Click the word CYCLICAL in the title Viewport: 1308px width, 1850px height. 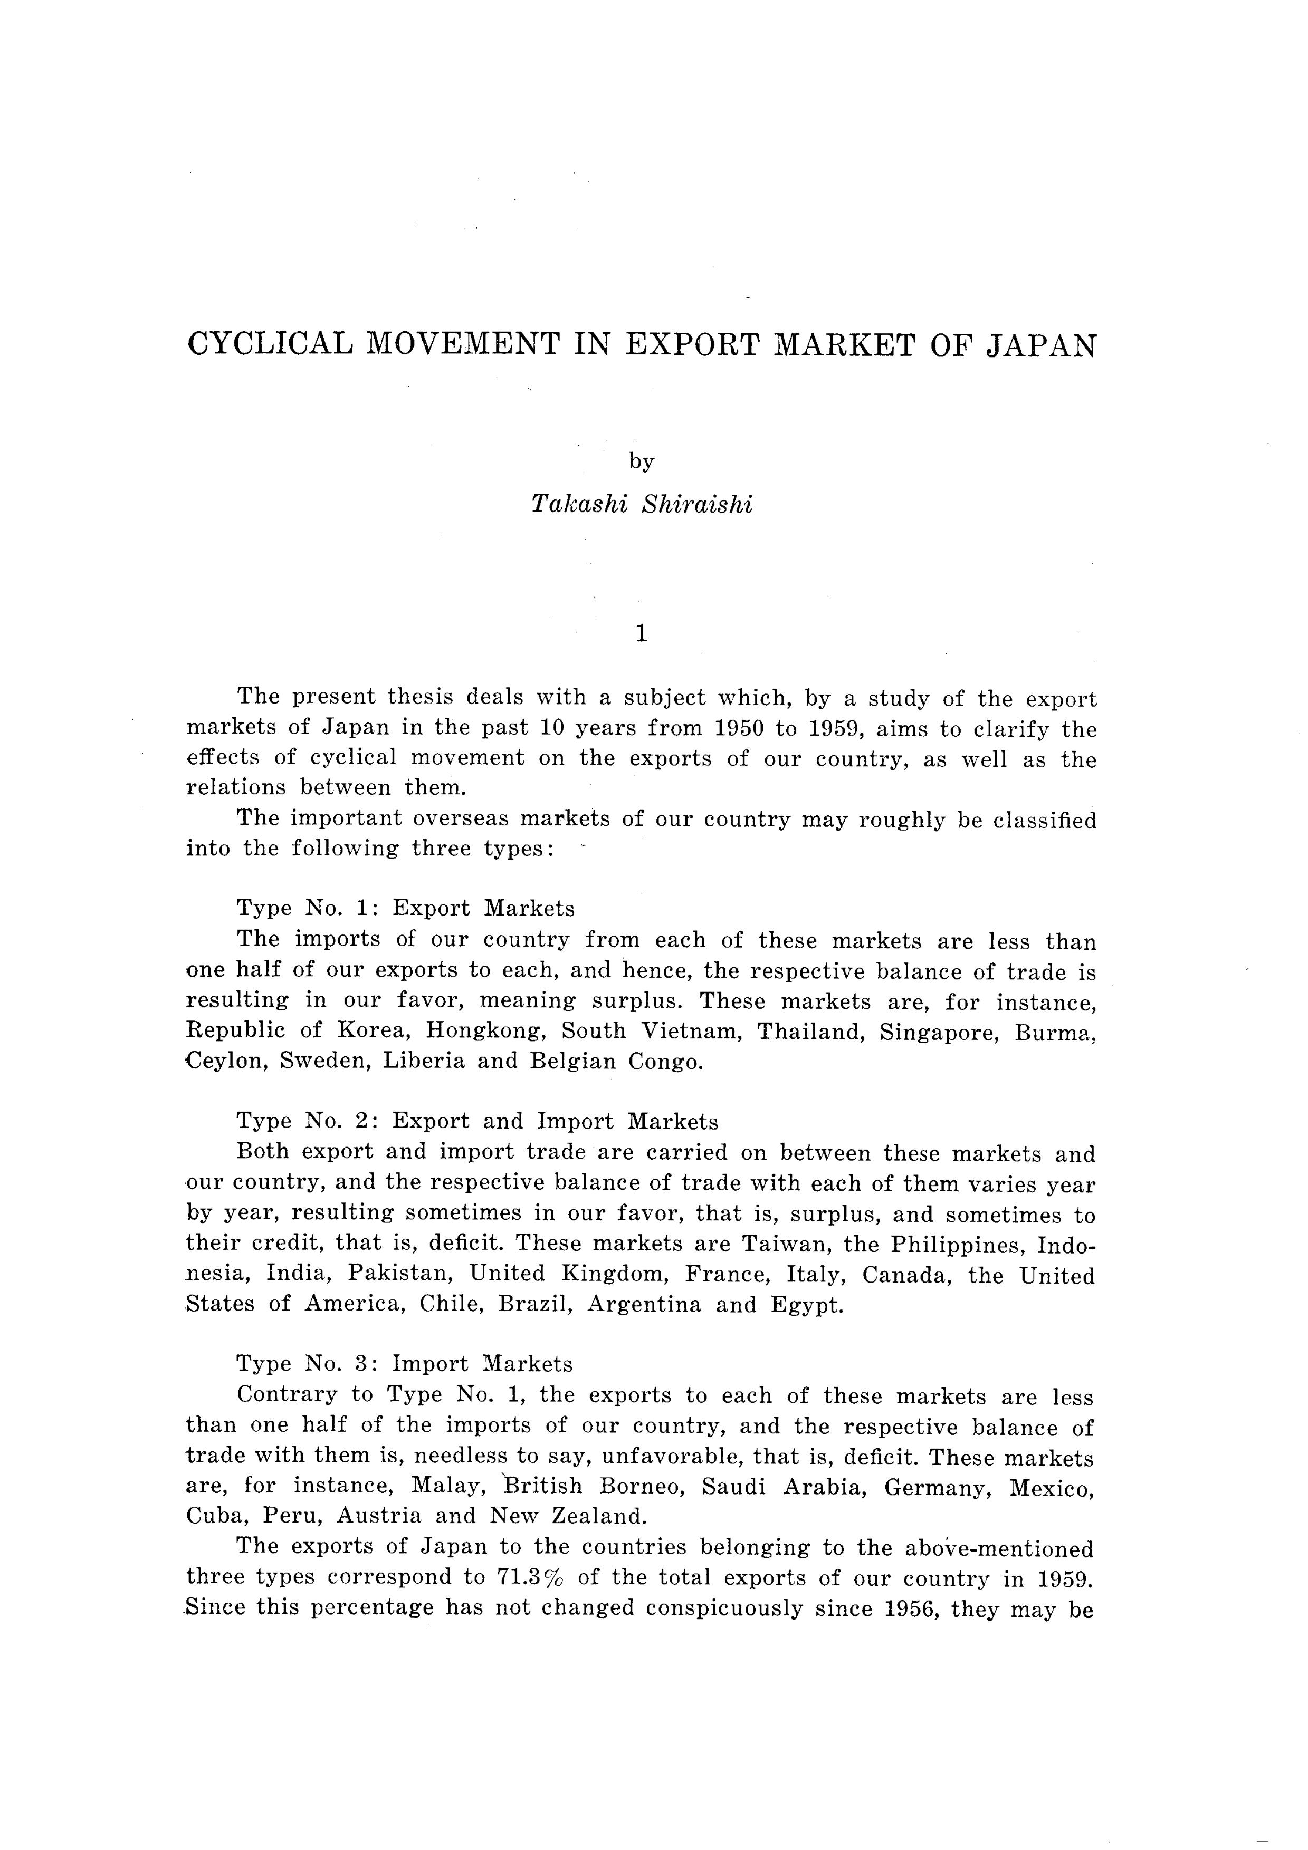(x=270, y=345)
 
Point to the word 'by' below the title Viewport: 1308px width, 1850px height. (x=642, y=461)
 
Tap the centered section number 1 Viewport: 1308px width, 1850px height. (x=642, y=634)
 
